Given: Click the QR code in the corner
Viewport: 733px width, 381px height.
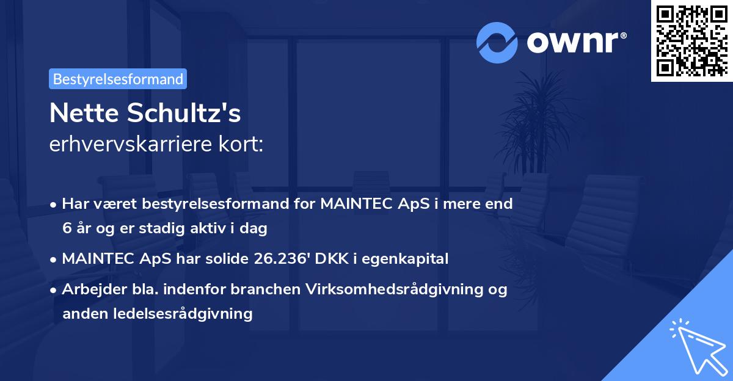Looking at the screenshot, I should (x=691, y=40).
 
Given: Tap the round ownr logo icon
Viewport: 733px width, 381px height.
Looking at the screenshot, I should (x=497, y=42).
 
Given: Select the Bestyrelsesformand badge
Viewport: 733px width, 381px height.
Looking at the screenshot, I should (x=118, y=79).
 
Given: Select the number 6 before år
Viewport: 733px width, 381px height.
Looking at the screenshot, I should (x=66, y=228).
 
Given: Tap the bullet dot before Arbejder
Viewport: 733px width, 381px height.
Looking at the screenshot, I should (x=54, y=289).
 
